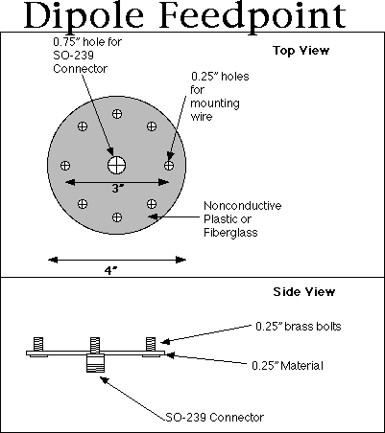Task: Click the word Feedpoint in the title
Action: (x=253, y=15)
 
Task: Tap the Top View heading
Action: (x=301, y=51)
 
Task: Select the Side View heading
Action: (x=304, y=291)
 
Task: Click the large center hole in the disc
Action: (x=116, y=165)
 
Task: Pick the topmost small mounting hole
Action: (x=117, y=114)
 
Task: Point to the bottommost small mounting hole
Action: (x=117, y=217)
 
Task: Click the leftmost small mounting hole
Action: (x=65, y=166)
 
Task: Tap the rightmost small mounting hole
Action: (x=169, y=166)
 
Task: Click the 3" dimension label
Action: (x=118, y=189)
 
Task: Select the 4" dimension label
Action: (x=110, y=271)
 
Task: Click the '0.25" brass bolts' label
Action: (x=299, y=327)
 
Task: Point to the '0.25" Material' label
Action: (x=287, y=366)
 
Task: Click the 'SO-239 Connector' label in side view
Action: (x=215, y=418)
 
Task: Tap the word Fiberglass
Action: (x=230, y=233)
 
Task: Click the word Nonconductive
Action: (x=243, y=206)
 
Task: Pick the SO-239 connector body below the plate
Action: (x=95, y=363)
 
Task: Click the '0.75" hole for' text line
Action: (x=87, y=41)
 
